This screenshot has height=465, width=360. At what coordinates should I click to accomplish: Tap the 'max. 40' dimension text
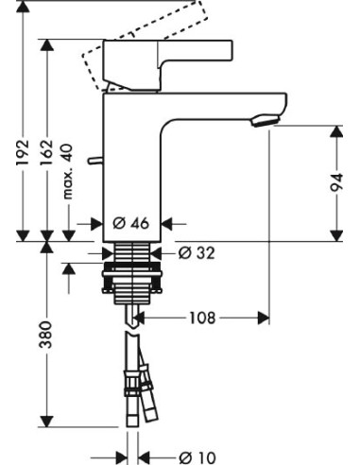pyautogui.click(x=69, y=181)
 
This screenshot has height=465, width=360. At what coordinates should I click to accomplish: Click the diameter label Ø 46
pyautogui.click(x=131, y=224)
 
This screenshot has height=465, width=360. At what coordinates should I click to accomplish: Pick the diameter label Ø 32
pyautogui.click(x=196, y=252)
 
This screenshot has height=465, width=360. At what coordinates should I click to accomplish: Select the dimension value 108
pyautogui.click(x=201, y=318)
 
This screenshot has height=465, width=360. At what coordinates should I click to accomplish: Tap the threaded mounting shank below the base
pyautogui.click(x=131, y=274)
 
